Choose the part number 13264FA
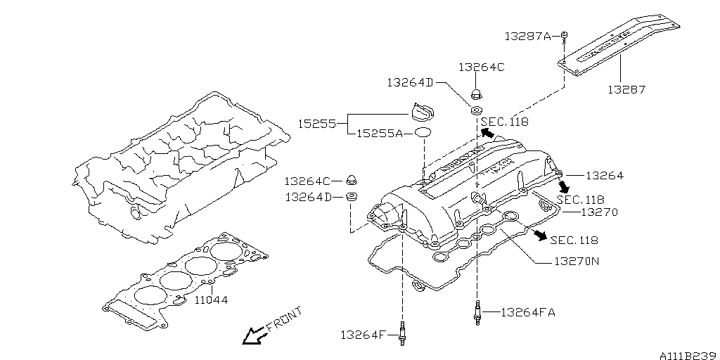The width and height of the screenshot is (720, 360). [527, 312]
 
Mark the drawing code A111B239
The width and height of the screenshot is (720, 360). [687, 354]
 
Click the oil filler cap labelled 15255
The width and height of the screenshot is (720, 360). [423, 113]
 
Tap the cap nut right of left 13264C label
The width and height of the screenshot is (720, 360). [353, 181]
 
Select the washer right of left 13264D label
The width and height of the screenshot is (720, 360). [353, 197]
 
